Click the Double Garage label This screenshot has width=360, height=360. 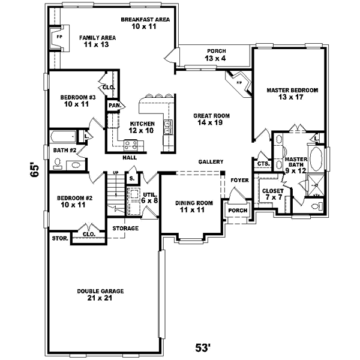pos(100,295)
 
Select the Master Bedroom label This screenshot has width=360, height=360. pos(292,94)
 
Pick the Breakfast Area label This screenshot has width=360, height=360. pos(145,23)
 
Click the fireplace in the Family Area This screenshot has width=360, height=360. pos(59,37)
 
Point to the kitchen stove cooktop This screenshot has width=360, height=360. pos(131,144)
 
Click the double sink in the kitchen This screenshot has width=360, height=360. pos(169,127)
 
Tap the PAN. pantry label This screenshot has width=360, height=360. pos(113,106)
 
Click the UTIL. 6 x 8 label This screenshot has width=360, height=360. pos(149,198)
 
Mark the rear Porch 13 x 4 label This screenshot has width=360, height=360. pos(217,55)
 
